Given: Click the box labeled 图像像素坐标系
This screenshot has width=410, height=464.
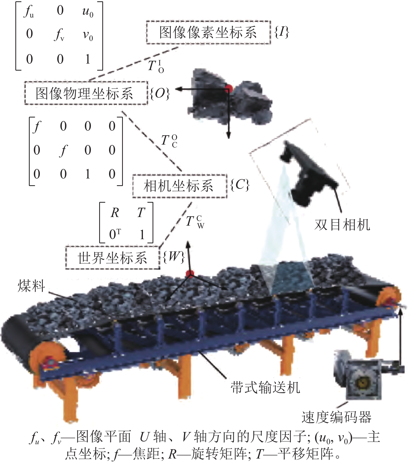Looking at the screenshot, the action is (208, 32).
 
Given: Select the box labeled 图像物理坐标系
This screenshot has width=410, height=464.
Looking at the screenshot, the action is (86, 93).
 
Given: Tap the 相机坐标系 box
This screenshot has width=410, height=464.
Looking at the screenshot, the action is (180, 186).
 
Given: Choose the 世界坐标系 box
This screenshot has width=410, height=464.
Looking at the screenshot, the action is (112, 257).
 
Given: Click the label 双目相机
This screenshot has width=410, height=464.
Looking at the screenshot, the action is (342, 225).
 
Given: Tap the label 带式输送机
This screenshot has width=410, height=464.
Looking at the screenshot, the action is (265, 387).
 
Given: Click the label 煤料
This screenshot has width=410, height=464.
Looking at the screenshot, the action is (31, 286).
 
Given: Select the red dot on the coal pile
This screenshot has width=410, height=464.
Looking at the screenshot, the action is (190, 274).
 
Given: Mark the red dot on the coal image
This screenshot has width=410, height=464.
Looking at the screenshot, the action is (229, 89).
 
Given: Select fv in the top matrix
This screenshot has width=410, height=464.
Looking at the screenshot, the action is (59, 35).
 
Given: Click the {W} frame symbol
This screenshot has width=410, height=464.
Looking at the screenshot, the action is (173, 257).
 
